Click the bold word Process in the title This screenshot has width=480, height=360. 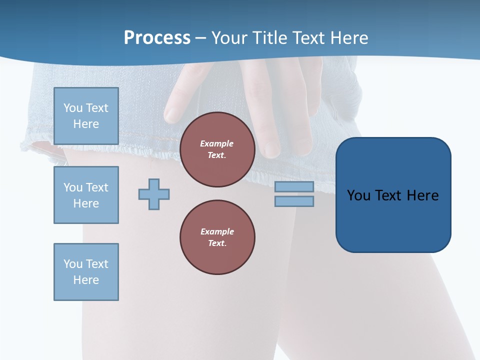[157, 38]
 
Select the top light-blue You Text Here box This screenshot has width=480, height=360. [86, 116]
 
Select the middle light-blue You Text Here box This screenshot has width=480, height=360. [86, 195]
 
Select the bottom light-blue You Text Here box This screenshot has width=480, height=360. [86, 272]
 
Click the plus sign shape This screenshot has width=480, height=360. [154, 194]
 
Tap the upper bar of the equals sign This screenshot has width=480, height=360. [294, 186]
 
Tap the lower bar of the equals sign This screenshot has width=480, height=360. [294, 201]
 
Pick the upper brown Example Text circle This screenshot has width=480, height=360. [217, 149]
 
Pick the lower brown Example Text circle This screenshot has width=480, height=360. [217, 237]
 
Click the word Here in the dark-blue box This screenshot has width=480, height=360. [422, 195]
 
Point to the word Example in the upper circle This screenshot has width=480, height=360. [217, 143]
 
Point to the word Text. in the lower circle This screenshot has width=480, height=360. [217, 243]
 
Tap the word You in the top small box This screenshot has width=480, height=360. [73, 108]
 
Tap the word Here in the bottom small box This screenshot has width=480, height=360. [86, 280]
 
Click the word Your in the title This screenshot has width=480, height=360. [229, 38]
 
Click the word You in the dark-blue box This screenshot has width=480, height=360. [358, 195]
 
